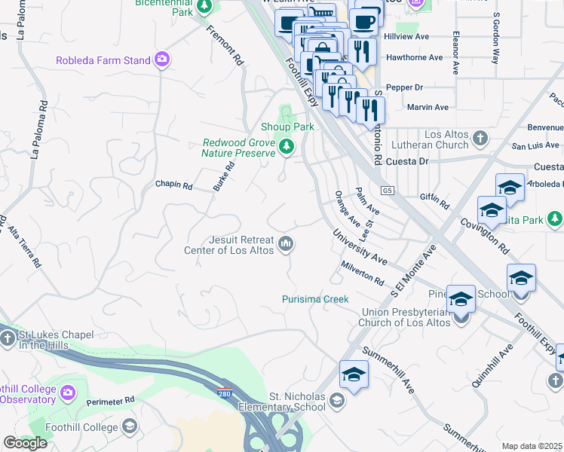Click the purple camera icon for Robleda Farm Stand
click(x=161, y=60)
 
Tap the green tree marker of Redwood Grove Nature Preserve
click(x=286, y=147)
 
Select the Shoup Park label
click(x=287, y=127)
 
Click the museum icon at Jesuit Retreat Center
click(x=286, y=244)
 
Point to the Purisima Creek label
click(x=315, y=299)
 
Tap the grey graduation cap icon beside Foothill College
click(x=130, y=427)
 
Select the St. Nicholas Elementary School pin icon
click(x=336, y=402)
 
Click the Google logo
click(x=25, y=443)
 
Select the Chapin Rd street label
click(x=173, y=185)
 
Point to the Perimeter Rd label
click(x=110, y=400)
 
